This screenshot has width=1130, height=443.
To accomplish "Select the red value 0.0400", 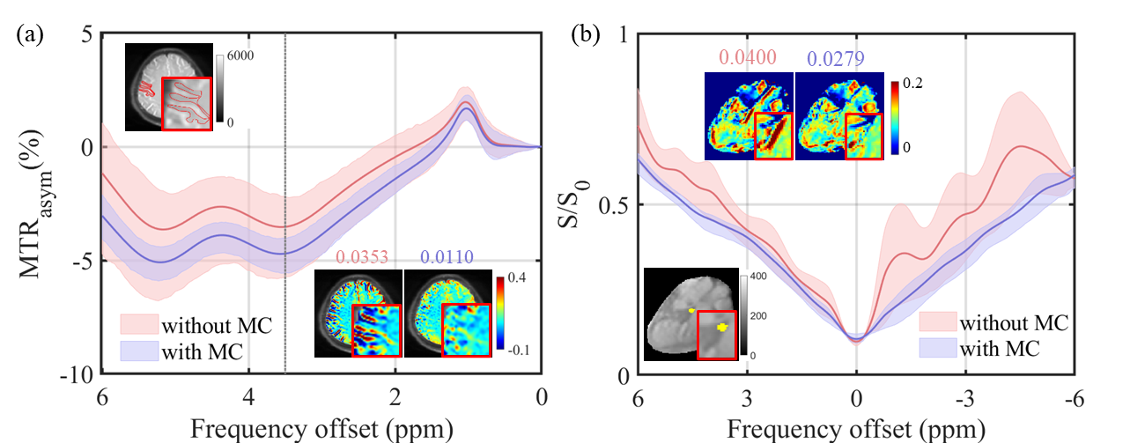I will click(748, 58).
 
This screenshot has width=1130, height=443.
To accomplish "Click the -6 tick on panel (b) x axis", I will click(1074, 398).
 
